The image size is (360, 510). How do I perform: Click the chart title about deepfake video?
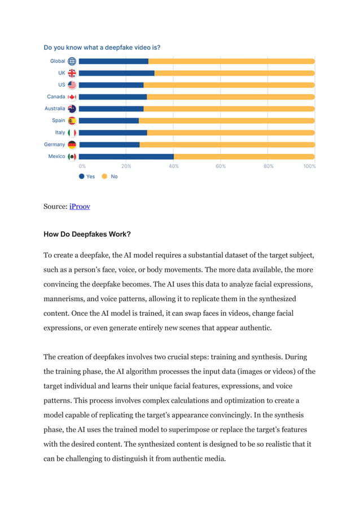[x=106, y=47]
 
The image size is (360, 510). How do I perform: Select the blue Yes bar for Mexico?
[x=126, y=156]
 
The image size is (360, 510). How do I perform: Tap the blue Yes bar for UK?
[x=116, y=73]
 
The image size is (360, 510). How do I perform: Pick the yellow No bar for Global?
[x=231, y=61]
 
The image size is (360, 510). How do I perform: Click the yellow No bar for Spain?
[x=226, y=120]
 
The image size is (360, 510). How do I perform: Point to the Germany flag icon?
[x=72, y=145]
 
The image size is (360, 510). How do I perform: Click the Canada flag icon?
[x=72, y=97]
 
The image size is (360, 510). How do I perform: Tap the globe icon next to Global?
[x=72, y=61]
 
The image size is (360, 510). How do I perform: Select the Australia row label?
[x=55, y=108]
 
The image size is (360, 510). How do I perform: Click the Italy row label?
[x=60, y=132]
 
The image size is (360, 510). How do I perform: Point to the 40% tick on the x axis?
[x=174, y=166]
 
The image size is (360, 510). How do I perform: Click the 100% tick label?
[x=309, y=166]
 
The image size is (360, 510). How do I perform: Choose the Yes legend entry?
[x=86, y=177]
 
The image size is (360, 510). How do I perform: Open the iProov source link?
[x=80, y=207]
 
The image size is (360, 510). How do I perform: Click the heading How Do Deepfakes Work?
[x=87, y=233]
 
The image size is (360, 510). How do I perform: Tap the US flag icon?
[x=72, y=85]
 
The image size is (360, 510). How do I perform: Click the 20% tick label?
[x=126, y=166]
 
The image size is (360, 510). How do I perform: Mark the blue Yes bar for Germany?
[x=109, y=145]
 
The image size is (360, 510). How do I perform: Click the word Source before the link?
[x=55, y=207]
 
